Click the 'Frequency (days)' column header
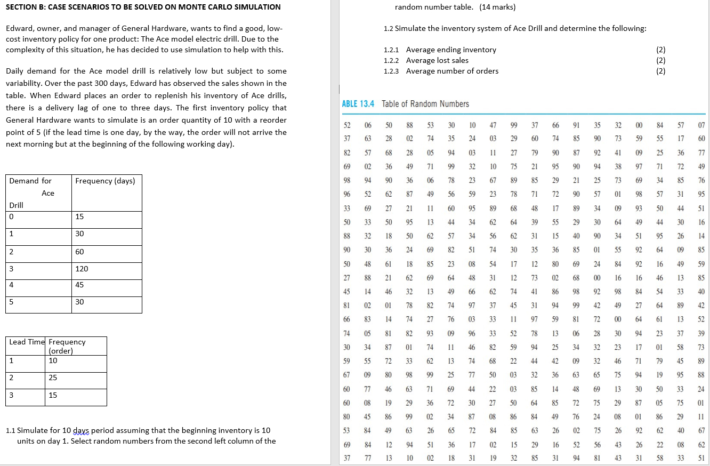(106, 181)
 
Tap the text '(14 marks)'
(497, 7)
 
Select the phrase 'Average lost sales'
(437, 60)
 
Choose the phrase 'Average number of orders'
(452, 71)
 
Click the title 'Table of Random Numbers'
(425, 103)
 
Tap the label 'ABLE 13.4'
(357, 103)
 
